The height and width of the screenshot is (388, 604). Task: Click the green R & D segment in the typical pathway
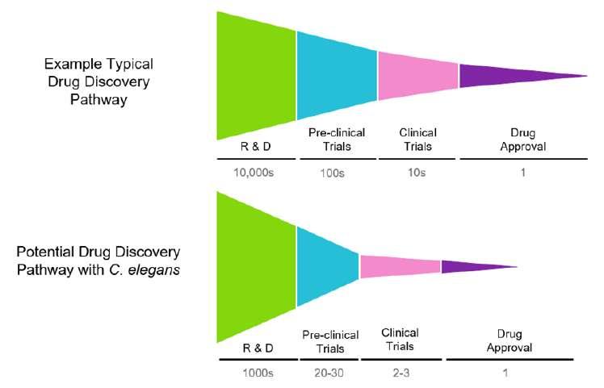256,75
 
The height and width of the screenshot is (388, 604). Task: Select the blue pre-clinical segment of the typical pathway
337,75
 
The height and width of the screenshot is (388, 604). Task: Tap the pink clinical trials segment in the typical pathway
417,75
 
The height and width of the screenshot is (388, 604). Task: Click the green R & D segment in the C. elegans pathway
256,266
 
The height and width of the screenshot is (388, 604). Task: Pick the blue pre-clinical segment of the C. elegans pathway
327,266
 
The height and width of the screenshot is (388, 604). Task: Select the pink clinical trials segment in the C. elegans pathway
400,265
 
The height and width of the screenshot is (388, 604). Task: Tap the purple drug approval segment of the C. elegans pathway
472,266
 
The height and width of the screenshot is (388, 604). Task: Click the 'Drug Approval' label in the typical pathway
522,140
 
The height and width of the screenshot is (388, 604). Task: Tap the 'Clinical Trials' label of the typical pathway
417,140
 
